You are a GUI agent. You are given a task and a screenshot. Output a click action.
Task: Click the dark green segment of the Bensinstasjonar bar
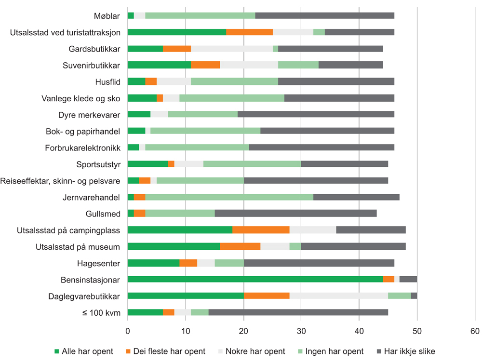[x=255, y=279]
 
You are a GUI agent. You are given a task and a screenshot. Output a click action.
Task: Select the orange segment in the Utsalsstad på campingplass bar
[x=261, y=230]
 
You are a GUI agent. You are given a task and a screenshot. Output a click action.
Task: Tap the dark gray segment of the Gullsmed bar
[x=295, y=213]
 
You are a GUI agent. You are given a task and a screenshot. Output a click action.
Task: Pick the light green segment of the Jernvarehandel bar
[x=229, y=197]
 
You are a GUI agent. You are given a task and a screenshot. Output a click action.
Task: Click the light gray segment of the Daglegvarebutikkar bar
[x=338, y=296]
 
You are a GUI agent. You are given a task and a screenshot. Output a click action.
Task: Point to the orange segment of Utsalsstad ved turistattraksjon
[x=250, y=32]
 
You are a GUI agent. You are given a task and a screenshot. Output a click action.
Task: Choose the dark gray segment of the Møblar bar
[x=324, y=16]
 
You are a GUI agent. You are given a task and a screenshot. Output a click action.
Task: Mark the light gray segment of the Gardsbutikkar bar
[x=232, y=49]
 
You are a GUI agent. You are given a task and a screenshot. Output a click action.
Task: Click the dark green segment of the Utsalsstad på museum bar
[x=174, y=246]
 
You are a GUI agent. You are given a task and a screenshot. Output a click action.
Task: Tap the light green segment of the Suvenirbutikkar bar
[x=298, y=65]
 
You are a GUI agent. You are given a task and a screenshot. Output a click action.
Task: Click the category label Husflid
[x=108, y=82]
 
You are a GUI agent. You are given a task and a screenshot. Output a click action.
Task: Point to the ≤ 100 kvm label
[x=101, y=312]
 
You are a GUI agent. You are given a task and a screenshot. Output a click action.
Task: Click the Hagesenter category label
[x=99, y=263]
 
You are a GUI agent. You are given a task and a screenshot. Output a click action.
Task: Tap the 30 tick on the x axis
[x=301, y=331]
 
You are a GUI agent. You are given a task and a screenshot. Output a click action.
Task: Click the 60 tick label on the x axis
[x=475, y=331]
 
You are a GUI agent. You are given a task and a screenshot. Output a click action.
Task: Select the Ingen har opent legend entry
[x=333, y=351]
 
